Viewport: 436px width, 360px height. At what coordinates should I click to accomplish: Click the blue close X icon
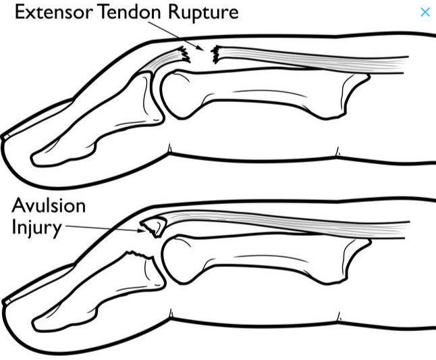pyautogui.click(x=425, y=12)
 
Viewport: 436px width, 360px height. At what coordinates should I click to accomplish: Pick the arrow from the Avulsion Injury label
pyautogui.click(x=101, y=228)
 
